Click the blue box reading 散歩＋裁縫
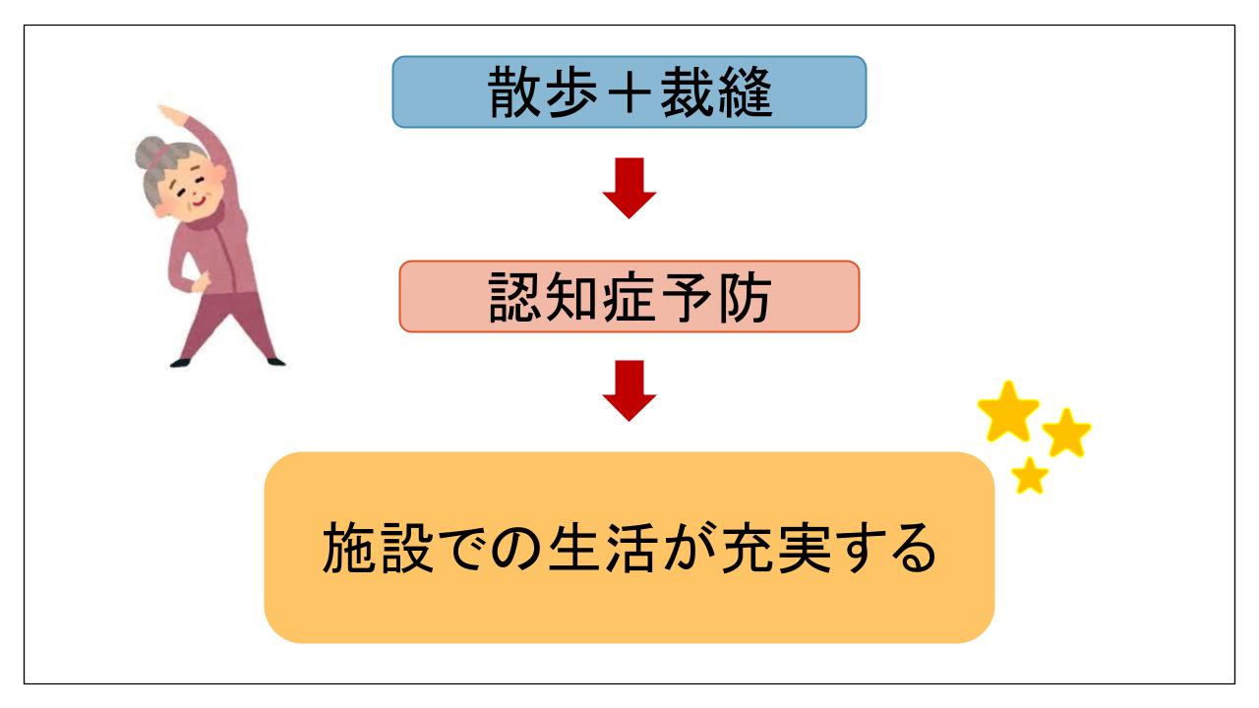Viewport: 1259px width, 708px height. point(629,91)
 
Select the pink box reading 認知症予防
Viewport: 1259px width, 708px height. point(629,296)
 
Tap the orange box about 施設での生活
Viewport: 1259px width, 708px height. point(629,548)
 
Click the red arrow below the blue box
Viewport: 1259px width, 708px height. point(629,188)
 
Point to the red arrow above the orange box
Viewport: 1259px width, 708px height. point(629,390)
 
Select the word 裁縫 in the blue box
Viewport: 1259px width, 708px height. point(716,91)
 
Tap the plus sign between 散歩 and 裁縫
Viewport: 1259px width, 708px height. point(629,92)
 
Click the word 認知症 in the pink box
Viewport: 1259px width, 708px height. point(571,297)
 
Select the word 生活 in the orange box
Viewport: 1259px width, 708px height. point(603,548)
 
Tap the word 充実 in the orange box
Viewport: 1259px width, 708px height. point(776,548)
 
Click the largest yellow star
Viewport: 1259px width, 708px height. point(1008,412)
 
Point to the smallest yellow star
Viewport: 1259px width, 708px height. point(1030,476)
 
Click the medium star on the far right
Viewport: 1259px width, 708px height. point(1066,434)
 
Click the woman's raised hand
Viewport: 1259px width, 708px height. point(170,112)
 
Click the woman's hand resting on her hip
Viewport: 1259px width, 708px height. point(201,282)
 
